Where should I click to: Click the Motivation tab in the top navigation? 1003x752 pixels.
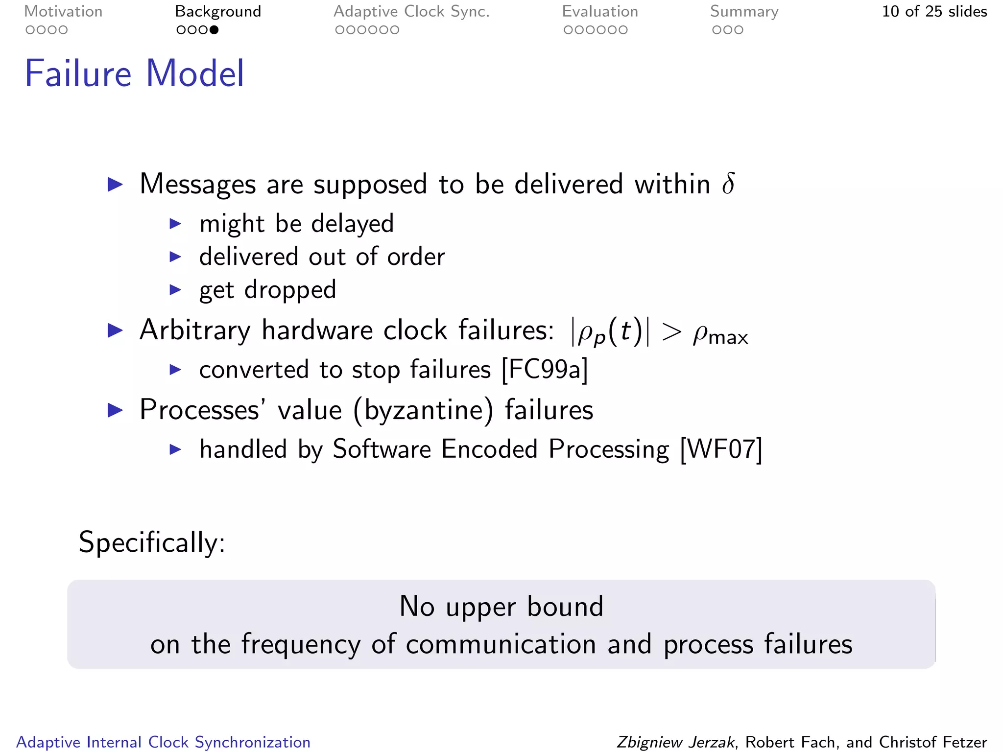(63, 12)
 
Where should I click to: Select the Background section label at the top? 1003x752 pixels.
(218, 12)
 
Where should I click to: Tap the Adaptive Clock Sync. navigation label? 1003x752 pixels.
(411, 12)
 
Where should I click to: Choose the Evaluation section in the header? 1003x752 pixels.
(600, 12)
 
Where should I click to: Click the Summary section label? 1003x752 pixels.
(744, 12)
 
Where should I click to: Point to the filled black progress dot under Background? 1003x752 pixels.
(214, 30)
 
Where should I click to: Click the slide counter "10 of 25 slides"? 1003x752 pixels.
(934, 12)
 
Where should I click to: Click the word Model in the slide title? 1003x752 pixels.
(195, 73)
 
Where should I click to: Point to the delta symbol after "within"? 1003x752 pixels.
(728, 184)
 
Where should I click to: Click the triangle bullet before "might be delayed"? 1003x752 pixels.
(175, 224)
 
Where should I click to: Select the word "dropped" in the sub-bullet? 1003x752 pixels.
(290, 290)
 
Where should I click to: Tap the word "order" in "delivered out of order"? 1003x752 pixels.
(416, 257)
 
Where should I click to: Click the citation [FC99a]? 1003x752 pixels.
(545, 369)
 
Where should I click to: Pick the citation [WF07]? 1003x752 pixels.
(721, 449)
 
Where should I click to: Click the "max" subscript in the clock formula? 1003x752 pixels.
(728, 338)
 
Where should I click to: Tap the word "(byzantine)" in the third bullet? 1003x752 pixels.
(423, 410)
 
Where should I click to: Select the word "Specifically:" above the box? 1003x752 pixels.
(152, 542)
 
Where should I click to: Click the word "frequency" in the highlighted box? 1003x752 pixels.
(301, 644)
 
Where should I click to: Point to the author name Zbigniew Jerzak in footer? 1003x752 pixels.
(675, 742)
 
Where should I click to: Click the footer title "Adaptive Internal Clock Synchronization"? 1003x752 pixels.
(164, 742)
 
